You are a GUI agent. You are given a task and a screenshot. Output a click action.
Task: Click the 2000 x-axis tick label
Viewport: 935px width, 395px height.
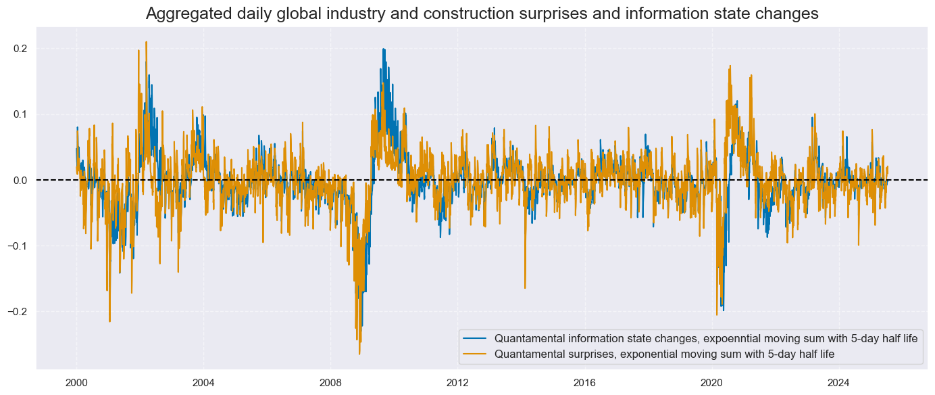[x=77, y=382]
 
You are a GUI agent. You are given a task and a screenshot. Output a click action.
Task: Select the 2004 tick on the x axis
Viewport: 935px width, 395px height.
[x=203, y=382]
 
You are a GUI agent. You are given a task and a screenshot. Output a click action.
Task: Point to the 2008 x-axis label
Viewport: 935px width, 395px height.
[x=330, y=382]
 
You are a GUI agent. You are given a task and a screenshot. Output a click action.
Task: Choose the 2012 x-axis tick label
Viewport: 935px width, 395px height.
[x=457, y=382]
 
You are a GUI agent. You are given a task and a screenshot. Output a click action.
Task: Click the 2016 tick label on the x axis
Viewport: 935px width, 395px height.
[x=584, y=382]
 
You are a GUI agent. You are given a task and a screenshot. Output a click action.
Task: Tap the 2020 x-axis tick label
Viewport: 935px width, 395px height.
[x=711, y=382]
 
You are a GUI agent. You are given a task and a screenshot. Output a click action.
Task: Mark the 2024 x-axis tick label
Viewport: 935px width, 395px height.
[x=838, y=382]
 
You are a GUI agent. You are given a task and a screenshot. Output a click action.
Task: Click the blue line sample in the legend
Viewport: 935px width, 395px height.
[x=476, y=339]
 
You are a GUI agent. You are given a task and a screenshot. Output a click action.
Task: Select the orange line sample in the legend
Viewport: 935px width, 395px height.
[x=476, y=353]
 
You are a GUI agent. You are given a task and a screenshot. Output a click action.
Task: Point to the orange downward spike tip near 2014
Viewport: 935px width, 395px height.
[x=525, y=289]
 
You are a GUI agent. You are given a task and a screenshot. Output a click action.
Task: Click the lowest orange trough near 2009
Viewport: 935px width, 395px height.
[x=359, y=354]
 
